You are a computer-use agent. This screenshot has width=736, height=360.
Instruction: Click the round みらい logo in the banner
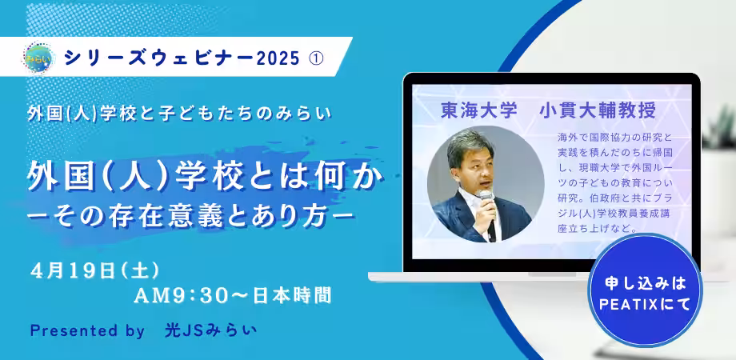[39, 58]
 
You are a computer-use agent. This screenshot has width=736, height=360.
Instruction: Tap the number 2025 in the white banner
[278, 58]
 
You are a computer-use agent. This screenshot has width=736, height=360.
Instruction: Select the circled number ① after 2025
[316, 58]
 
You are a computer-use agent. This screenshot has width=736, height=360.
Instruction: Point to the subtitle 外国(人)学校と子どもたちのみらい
[179, 114]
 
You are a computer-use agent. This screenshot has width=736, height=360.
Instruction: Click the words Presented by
[87, 331]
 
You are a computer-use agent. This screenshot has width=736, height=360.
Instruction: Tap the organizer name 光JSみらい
[210, 330]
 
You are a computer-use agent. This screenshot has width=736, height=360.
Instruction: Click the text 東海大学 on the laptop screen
[478, 110]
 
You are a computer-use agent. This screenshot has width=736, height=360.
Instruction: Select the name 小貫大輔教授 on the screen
[598, 110]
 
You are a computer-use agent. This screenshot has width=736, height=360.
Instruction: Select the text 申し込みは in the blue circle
[645, 282]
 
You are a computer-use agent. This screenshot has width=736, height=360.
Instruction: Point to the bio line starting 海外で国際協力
[615, 138]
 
